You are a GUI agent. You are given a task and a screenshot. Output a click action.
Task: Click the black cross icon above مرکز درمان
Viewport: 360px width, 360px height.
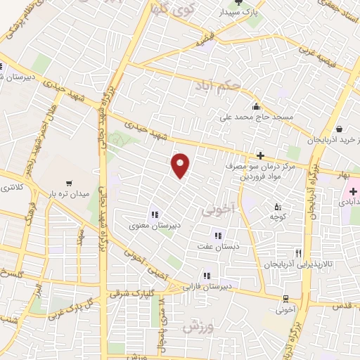259,155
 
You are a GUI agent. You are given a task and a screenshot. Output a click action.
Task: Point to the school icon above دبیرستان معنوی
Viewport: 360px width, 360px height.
153,214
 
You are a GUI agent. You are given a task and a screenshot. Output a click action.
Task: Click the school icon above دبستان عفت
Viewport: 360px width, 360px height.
218,236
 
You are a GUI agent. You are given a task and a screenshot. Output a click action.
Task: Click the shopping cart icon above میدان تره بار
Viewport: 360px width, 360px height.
68,180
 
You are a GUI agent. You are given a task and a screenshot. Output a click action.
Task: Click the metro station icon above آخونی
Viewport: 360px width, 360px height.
285,297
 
